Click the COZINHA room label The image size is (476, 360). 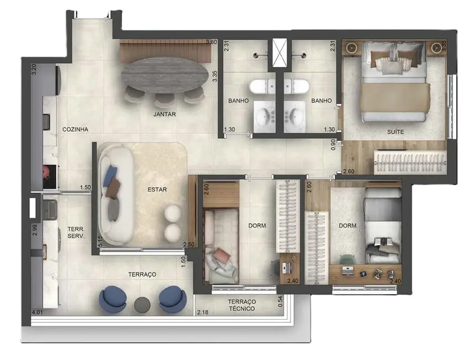click(75, 130)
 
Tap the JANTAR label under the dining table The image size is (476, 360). click(165, 115)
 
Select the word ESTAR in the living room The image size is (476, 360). click(157, 189)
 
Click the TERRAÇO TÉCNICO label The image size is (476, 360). click(241, 305)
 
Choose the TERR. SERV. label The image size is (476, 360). click(75, 232)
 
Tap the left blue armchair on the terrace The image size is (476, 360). click(113, 299)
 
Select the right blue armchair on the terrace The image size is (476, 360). click(172, 299)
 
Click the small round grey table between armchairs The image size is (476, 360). click(143, 304)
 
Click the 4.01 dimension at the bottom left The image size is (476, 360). click(38, 313)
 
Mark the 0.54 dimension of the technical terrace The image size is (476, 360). click(280, 301)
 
